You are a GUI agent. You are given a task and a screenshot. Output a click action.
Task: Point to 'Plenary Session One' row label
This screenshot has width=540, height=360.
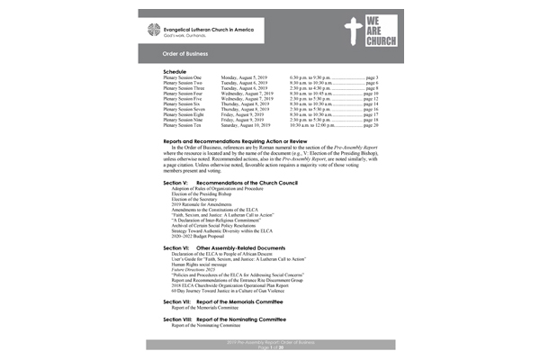184,78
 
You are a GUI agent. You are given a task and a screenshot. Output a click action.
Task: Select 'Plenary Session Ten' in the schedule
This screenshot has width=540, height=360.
184,126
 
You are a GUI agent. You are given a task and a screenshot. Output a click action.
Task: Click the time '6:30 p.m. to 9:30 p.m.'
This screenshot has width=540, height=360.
316,78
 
